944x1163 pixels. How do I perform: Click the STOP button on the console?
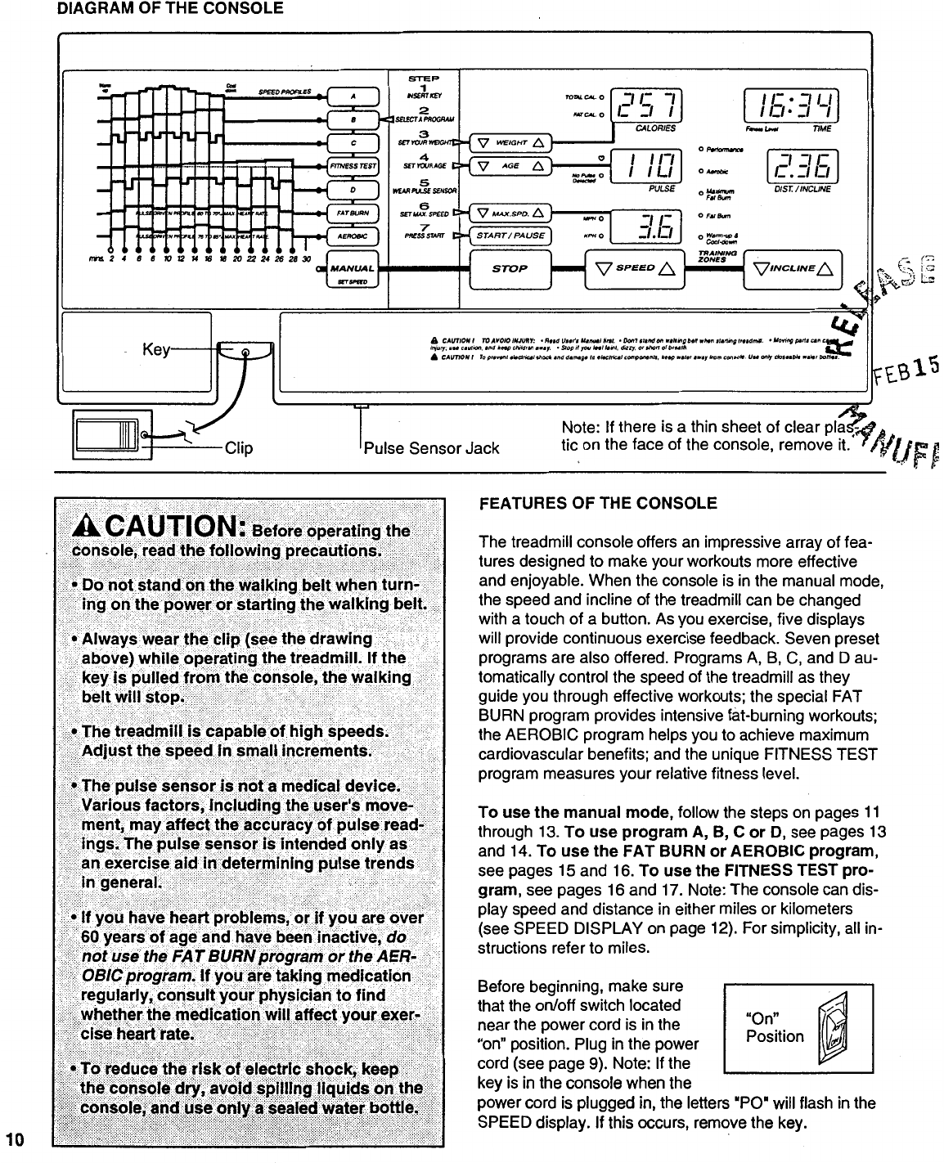coord(509,269)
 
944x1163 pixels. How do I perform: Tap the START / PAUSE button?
coord(510,236)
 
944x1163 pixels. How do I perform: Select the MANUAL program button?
coord(353,268)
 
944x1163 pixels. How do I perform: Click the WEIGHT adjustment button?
coord(510,142)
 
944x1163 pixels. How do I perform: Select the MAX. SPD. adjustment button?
coord(510,214)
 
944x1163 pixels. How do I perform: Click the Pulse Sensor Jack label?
coord(431,448)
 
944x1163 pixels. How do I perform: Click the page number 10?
coord(15,1138)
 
